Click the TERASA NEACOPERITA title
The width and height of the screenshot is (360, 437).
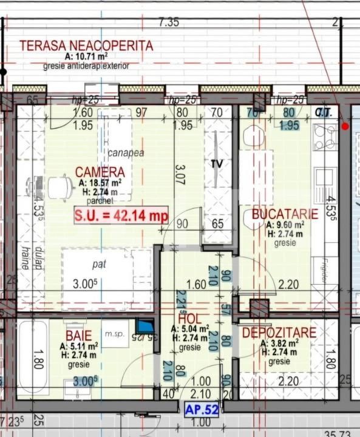[x=86, y=46]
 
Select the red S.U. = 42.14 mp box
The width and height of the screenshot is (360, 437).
[x=121, y=215]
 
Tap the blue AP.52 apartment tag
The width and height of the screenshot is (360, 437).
[x=202, y=410]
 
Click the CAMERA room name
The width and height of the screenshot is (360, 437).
[x=100, y=172]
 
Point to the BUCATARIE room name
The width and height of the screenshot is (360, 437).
[x=285, y=214]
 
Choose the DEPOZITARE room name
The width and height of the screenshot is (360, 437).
[x=279, y=333]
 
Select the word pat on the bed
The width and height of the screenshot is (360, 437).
[x=99, y=265]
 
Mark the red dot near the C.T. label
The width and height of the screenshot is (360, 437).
[x=345, y=126]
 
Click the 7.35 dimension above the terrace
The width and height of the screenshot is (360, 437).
[x=169, y=22]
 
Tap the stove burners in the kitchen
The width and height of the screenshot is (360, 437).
[x=325, y=139]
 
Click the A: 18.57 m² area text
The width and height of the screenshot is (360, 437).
[x=100, y=182]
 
